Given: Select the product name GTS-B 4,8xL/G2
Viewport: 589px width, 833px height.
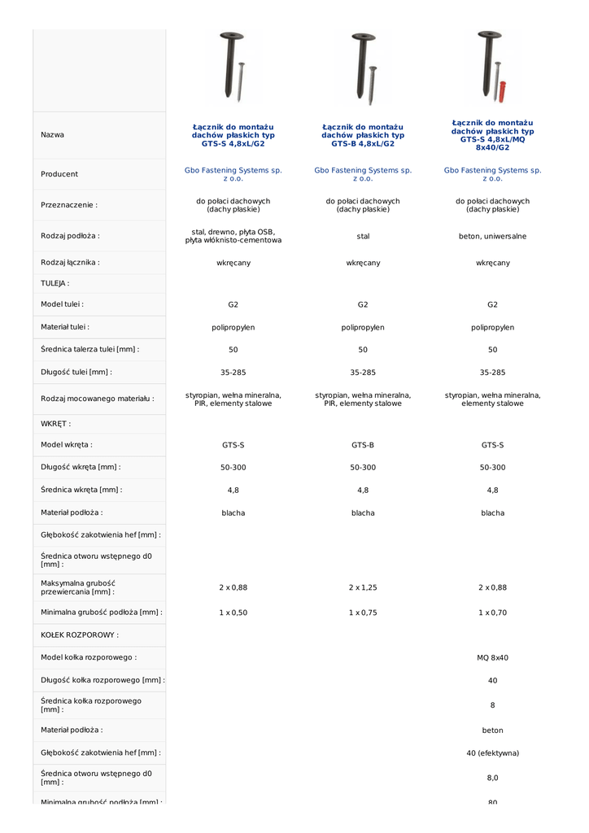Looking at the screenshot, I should (x=363, y=135).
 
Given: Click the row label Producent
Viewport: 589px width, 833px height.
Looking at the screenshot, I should (x=59, y=174).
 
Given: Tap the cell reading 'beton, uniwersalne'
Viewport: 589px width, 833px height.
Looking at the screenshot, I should (x=492, y=237).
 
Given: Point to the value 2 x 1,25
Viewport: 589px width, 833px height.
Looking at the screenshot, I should (x=363, y=587).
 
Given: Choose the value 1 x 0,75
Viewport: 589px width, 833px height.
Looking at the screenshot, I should (x=363, y=613).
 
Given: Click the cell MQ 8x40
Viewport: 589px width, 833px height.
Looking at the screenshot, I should (x=492, y=657).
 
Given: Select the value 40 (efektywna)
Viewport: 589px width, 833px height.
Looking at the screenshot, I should (x=492, y=753).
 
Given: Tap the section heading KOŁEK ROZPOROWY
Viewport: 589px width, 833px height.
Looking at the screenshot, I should (x=80, y=635).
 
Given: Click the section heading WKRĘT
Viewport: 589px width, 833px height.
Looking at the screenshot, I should (x=55, y=424).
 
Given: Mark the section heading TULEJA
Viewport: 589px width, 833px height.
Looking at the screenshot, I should (x=55, y=284).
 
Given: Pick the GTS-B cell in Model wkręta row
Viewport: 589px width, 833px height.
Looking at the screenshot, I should (x=363, y=445).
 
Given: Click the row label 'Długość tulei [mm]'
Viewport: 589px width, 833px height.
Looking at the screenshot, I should (x=76, y=372).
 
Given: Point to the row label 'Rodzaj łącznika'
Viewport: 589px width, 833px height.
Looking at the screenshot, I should (x=71, y=263).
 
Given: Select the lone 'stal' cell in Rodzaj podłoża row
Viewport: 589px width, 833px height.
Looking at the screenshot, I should (x=363, y=237).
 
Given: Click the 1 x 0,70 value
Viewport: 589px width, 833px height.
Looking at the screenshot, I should (x=492, y=613).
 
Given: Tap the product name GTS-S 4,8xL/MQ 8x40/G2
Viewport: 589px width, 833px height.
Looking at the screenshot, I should (x=492, y=135).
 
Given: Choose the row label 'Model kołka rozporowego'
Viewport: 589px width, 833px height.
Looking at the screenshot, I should (x=89, y=657).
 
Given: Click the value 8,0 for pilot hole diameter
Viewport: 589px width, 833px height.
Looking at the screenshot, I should (x=492, y=778).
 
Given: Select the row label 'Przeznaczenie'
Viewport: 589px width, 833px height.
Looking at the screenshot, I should (x=69, y=206).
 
